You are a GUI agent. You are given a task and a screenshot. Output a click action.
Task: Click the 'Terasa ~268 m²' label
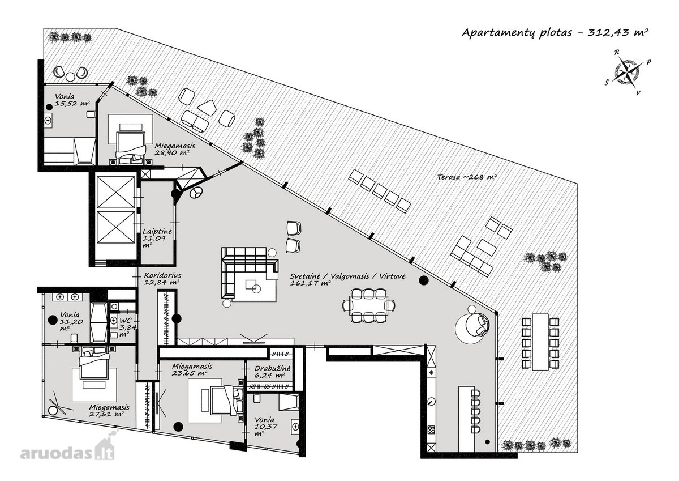click(467, 177)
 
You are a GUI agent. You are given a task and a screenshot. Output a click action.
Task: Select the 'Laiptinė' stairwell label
click(157, 232)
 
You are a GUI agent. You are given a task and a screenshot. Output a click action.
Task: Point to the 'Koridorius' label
click(162, 275)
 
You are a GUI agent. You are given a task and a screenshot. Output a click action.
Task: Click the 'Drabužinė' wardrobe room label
click(273, 368)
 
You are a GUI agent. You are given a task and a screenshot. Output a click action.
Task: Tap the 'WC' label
click(126, 321)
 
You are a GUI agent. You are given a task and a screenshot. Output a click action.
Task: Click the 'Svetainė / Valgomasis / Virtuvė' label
click(347, 276)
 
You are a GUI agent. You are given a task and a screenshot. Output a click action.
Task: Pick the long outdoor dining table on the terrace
click(540, 342)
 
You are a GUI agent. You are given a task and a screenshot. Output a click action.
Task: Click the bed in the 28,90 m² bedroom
click(131, 143)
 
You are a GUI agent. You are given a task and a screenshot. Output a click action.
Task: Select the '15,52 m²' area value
click(72, 104)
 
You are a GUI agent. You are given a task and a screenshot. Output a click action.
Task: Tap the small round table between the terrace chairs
click(70, 77)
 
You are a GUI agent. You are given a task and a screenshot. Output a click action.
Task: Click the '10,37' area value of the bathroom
click(267, 427)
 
